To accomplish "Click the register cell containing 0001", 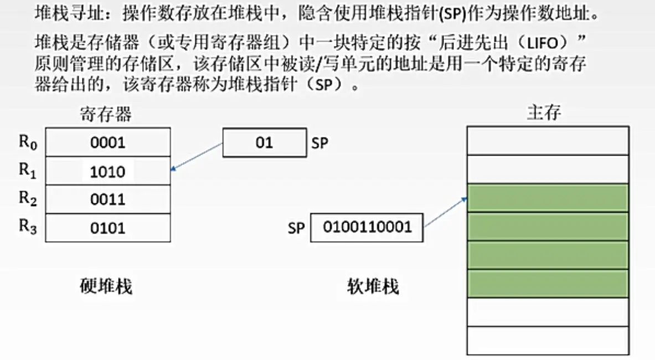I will click(x=108, y=142).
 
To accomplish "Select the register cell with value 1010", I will click(x=108, y=171).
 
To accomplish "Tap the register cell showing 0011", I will click(x=108, y=199).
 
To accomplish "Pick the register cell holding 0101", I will click(x=108, y=228).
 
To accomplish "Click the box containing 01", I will click(x=264, y=143).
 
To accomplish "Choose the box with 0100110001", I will click(x=367, y=228).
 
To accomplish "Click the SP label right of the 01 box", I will click(x=319, y=143).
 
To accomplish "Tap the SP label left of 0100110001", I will click(x=296, y=228).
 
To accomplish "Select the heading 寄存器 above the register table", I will click(x=106, y=115).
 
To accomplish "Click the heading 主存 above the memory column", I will click(x=544, y=113).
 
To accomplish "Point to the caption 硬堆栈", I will click(x=106, y=286).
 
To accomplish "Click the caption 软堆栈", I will click(x=373, y=287).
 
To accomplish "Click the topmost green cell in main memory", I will click(x=548, y=198).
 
